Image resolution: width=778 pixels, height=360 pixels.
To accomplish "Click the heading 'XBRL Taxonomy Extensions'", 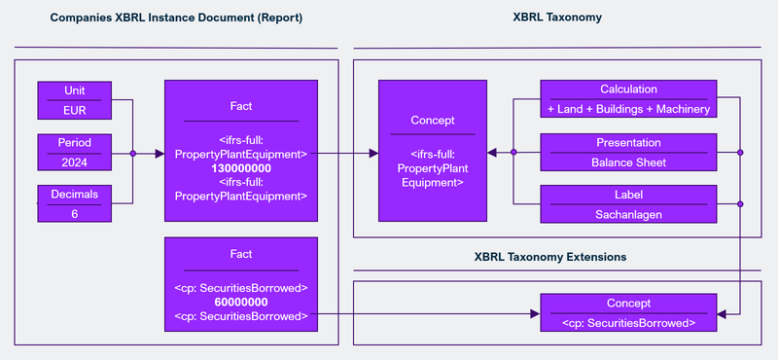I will tap(549, 257).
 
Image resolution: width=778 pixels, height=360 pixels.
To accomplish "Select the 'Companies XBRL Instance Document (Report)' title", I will tap(176, 17).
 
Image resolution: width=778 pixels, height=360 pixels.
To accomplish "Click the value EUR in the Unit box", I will tap(75, 110).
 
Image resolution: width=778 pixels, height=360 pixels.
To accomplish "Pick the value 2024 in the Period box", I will tap(75, 162).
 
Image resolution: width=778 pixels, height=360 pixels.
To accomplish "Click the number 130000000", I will tap(241, 168).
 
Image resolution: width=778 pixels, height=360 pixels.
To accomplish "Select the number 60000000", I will tap(241, 302).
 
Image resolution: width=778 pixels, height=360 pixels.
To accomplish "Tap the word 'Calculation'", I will tap(628, 90).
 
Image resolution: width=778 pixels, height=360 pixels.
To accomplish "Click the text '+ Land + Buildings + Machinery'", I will tap(628, 109).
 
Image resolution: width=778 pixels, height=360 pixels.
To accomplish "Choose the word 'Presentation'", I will tap(628, 142).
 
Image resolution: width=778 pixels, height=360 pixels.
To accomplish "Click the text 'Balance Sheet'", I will tap(628, 162).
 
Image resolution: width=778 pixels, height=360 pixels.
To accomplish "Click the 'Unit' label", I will tap(75, 90).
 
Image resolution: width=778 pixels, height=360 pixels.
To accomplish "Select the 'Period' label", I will tap(75, 142).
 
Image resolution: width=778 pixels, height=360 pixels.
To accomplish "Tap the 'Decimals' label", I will tap(75, 194).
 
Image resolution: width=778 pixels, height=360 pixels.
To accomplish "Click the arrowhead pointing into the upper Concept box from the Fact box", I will tap(372, 153).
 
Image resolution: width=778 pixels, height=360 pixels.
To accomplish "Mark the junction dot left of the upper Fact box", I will tap(132, 153).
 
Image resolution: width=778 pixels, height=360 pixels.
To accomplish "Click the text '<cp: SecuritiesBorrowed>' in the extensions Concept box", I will tap(628, 322).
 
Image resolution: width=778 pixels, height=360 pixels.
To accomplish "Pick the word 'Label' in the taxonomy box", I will tap(628, 194).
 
